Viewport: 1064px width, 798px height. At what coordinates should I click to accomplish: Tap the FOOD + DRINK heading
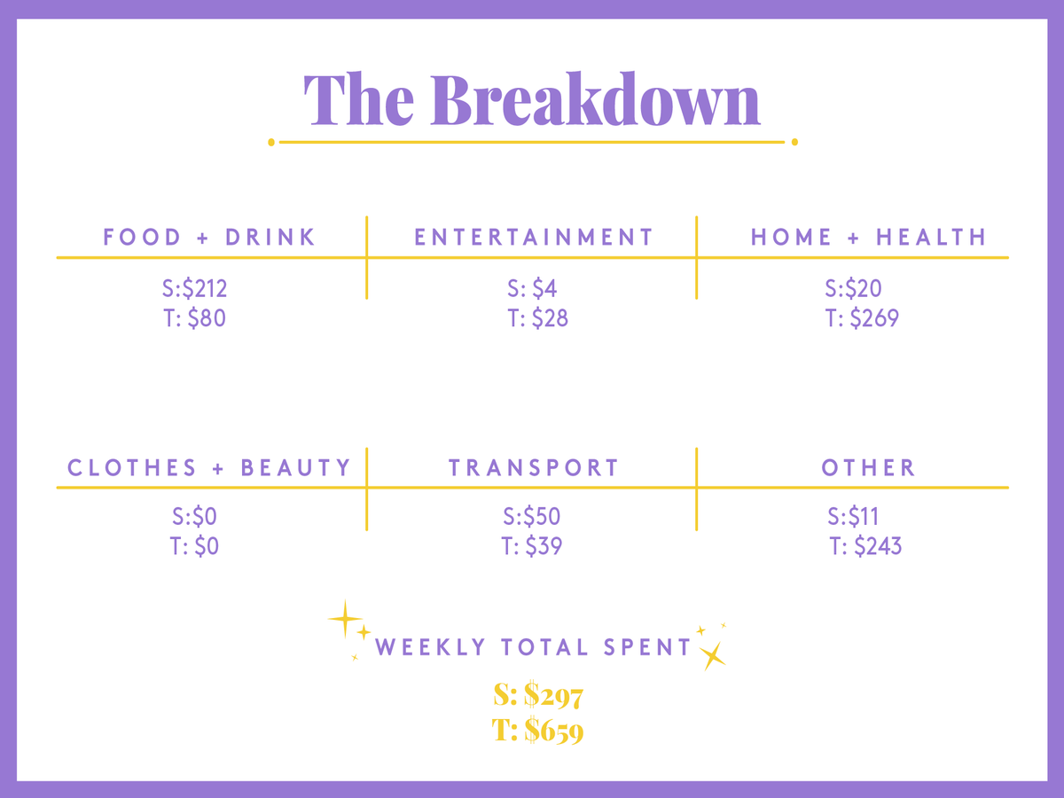209,237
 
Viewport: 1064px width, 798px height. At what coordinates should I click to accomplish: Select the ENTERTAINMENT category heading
534,237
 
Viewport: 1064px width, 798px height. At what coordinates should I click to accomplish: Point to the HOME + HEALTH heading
868,237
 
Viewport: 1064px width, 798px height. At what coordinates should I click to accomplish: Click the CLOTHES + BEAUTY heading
209,467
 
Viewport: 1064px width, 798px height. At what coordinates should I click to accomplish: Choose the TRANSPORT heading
534,467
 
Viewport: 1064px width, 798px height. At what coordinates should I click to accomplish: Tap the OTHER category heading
868,467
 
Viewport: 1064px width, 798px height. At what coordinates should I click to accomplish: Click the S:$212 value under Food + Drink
194,288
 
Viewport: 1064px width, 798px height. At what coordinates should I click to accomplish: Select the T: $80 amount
194,318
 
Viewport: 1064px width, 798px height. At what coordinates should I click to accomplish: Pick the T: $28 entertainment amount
537,318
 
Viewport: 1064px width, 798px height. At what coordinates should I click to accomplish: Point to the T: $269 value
862,318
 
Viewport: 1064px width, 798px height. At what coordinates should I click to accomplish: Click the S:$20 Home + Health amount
853,288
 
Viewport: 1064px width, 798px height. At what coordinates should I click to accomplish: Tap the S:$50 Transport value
531,517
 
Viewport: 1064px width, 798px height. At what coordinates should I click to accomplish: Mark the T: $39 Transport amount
531,546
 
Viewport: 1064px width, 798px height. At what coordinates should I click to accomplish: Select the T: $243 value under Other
865,546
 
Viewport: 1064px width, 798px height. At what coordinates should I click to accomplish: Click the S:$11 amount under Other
853,517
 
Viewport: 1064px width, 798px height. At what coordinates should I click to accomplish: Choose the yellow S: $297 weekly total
538,695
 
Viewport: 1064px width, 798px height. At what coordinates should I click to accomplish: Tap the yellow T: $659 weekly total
537,730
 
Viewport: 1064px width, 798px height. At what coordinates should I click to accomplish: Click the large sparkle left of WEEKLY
345,619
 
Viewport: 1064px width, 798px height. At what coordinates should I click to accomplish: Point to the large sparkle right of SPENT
713,656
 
